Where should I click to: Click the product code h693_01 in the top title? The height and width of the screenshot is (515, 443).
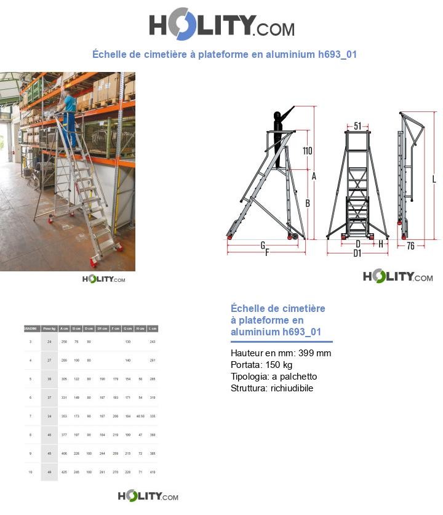coord(337,54)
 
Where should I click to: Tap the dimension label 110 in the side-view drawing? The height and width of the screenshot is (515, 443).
coord(307,151)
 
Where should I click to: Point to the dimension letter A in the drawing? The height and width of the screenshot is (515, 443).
coord(314,177)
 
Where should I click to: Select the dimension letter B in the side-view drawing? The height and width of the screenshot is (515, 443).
coord(307,203)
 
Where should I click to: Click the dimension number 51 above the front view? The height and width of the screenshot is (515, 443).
coord(357,126)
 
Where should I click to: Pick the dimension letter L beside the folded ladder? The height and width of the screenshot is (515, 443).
coord(434,179)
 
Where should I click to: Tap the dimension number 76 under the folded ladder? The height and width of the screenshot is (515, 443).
coord(411,246)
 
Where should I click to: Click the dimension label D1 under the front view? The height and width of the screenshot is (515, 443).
coord(357,253)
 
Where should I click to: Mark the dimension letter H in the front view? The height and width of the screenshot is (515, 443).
coord(381,244)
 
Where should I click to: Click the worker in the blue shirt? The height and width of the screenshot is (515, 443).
coord(70,111)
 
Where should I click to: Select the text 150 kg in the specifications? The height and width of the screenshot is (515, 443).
coord(279,365)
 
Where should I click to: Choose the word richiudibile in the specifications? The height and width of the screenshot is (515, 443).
coord(292,388)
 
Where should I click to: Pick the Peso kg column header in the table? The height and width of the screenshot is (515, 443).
coord(49,329)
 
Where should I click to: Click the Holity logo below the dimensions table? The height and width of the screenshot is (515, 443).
coord(148,496)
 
